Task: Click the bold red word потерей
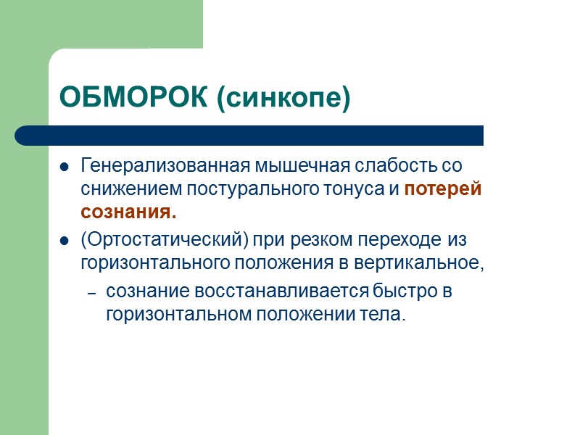pos(443,190)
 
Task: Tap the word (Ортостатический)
pos(165,240)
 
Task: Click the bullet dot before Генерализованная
pos(65,167)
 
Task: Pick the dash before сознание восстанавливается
pos(91,293)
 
